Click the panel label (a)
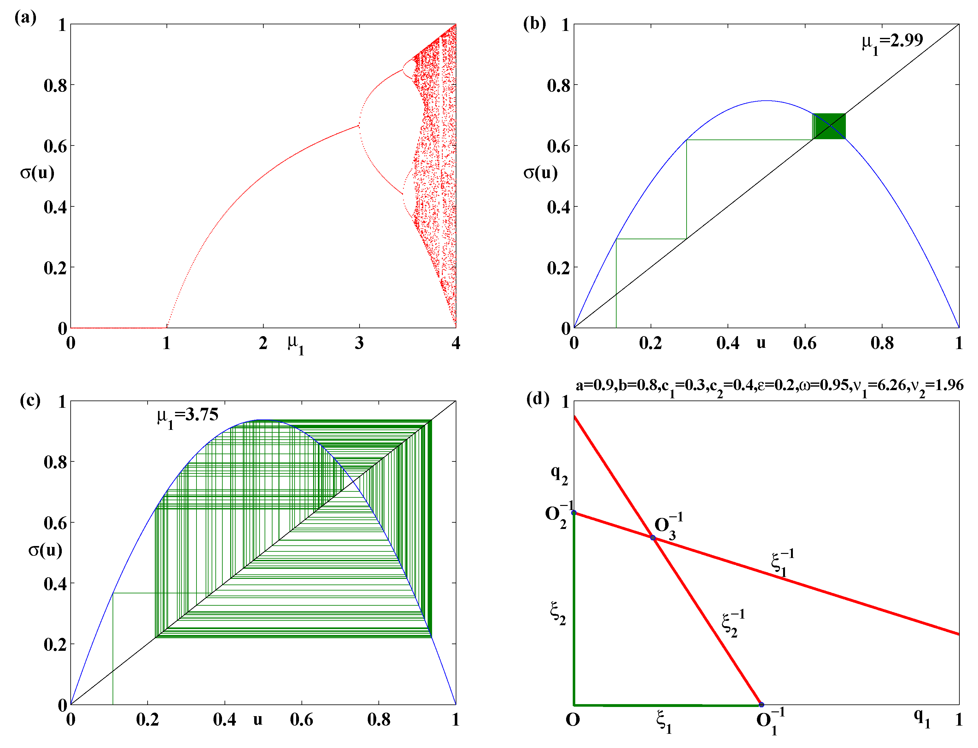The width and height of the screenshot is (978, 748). coord(25,18)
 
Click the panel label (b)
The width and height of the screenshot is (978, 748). coord(534,23)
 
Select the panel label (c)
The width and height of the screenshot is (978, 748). coord(30,400)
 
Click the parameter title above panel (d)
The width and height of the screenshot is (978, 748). coord(769,386)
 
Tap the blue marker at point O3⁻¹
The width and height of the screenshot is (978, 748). coord(653,538)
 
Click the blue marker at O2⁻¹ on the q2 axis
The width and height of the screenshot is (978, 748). coord(574,513)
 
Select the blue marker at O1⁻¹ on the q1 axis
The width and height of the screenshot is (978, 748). coord(761,705)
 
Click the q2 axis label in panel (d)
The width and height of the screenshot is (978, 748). coord(559,475)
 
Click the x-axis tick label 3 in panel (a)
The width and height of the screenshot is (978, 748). coord(359,343)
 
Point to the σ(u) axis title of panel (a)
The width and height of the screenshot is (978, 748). coord(37,172)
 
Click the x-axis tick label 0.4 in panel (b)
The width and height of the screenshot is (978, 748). coord(728,343)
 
